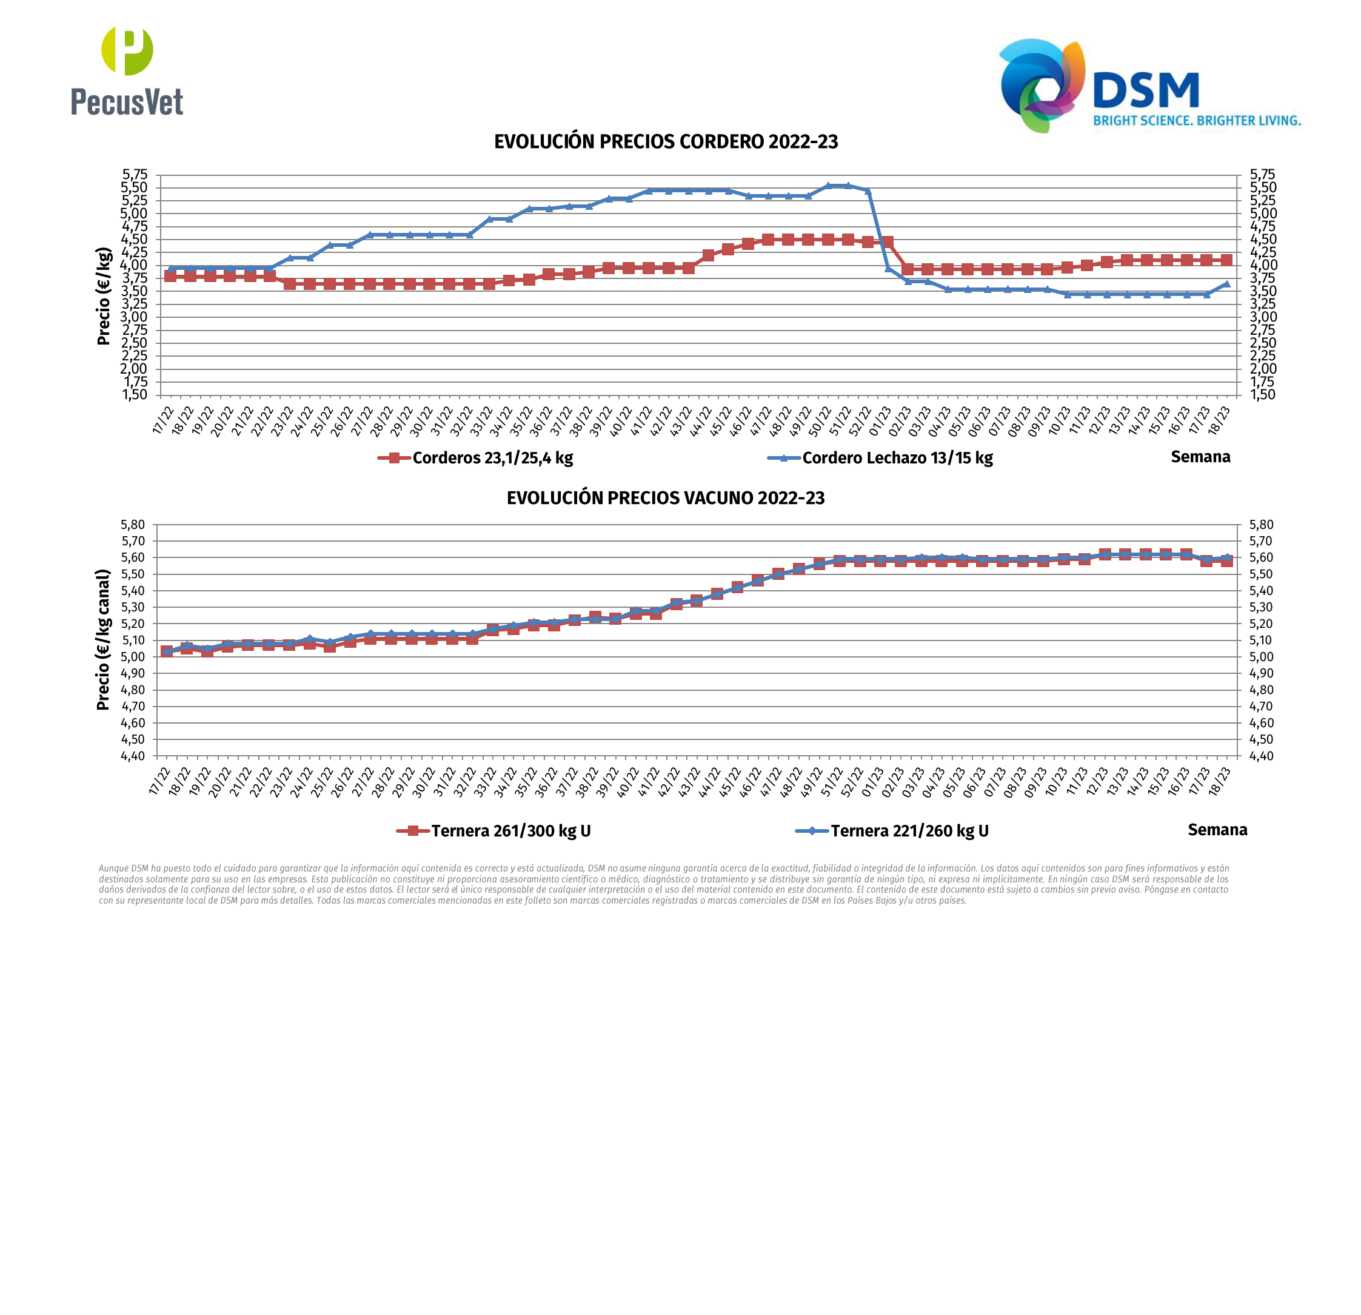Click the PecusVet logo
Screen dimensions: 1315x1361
(x=127, y=71)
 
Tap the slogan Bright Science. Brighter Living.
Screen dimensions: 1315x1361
(x=1197, y=121)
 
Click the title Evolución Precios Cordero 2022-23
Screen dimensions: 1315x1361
(x=666, y=142)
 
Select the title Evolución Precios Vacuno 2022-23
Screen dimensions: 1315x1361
(x=665, y=498)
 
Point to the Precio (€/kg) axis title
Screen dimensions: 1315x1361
(x=104, y=296)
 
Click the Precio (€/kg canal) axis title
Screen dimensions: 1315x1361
(x=103, y=640)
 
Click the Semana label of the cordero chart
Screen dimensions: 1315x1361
(x=1200, y=456)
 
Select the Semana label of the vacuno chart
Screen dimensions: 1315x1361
(x=1217, y=829)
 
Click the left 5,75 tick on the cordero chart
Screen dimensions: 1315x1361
(x=135, y=174)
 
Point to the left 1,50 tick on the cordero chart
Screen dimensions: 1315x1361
(x=135, y=395)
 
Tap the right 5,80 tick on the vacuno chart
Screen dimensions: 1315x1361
(x=1261, y=525)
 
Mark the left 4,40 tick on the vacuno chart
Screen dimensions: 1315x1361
(x=133, y=756)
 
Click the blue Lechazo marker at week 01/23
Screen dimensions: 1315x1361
(x=888, y=268)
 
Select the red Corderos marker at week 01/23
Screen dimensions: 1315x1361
(x=888, y=242)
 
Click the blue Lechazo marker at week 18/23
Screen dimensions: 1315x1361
(x=1226, y=283)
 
